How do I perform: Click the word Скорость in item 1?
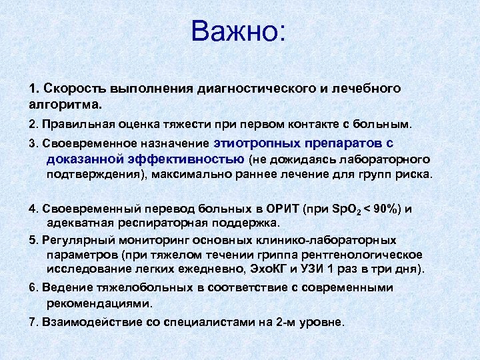tap(69, 88)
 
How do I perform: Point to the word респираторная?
tap(153, 223)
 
